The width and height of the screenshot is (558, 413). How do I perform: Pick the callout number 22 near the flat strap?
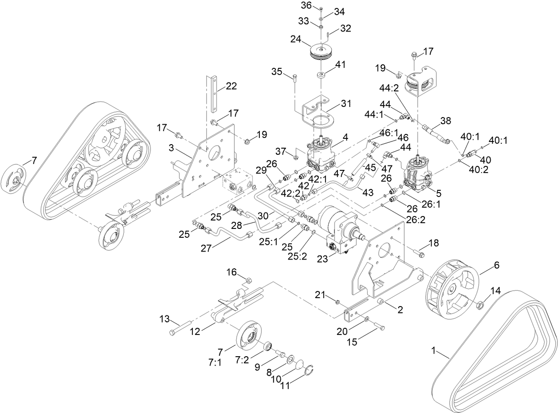pos(231,86)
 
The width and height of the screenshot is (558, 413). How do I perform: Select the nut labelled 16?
pos(249,279)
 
